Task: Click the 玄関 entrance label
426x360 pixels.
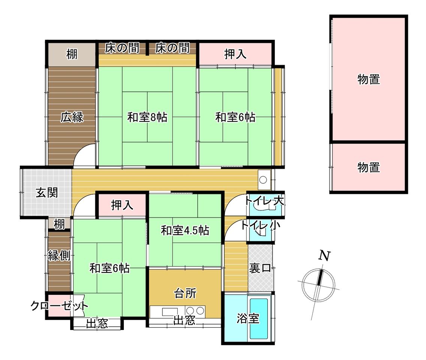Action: [x=47, y=193]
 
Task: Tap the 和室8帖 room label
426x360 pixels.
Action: [x=147, y=117]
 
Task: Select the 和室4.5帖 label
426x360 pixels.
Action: [x=185, y=230]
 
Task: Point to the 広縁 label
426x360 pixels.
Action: [x=72, y=117]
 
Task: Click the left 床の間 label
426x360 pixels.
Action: [x=122, y=48]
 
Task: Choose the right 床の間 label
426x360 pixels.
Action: [x=172, y=48]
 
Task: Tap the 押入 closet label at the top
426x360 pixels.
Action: [x=235, y=54]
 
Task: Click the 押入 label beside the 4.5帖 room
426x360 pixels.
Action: [x=122, y=205]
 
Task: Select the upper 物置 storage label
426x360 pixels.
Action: [x=368, y=79]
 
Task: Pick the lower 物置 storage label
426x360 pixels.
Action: [x=368, y=167]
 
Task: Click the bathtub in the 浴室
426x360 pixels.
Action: [x=259, y=319]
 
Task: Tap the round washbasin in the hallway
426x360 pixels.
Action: [x=263, y=180]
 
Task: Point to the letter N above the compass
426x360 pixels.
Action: [x=324, y=256]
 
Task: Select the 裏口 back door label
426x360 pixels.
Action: [x=260, y=268]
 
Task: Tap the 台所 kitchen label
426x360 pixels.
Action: [x=185, y=293]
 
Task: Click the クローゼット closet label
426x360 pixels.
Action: [x=59, y=306]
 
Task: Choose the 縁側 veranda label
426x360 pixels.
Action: [x=59, y=256]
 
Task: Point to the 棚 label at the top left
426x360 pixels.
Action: [x=72, y=54]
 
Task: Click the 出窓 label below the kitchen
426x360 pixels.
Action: [x=184, y=320]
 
